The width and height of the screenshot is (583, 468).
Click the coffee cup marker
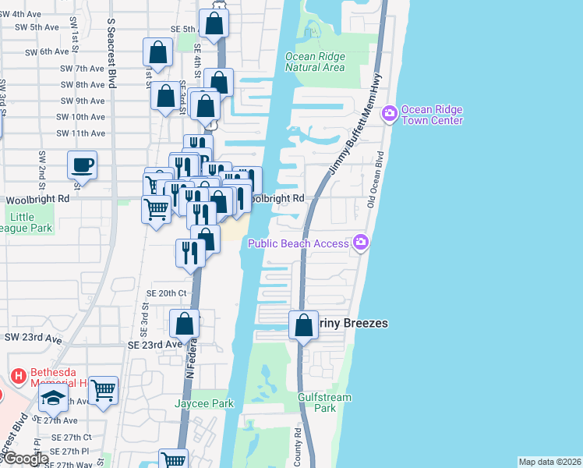pyautogui.click(x=82, y=165)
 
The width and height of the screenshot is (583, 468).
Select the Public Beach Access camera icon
pyautogui.click(x=361, y=243)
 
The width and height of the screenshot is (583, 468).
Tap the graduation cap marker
pyautogui.click(x=53, y=399)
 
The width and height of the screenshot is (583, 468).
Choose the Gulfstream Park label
pyautogui.click(x=325, y=402)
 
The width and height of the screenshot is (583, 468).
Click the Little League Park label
pyautogui.click(x=26, y=222)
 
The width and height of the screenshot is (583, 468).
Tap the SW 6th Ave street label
pyautogui.click(x=47, y=51)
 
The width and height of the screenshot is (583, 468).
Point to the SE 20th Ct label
pyautogui.click(x=167, y=293)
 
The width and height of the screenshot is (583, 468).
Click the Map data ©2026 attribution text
pyautogui.click(x=549, y=462)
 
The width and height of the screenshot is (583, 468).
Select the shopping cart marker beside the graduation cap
pyautogui.click(x=103, y=389)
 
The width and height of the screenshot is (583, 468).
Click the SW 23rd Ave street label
pyautogui.click(x=33, y=339)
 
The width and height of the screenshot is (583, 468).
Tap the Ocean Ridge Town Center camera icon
pyautogui.click(x=389, y=115)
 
